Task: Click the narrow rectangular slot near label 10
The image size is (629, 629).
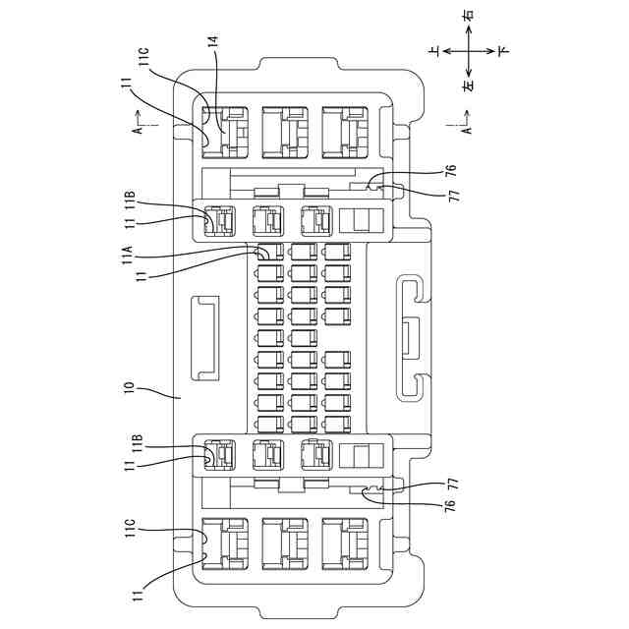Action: click(x=204, y=336)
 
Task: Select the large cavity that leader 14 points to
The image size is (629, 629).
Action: click(x=226, y=132)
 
